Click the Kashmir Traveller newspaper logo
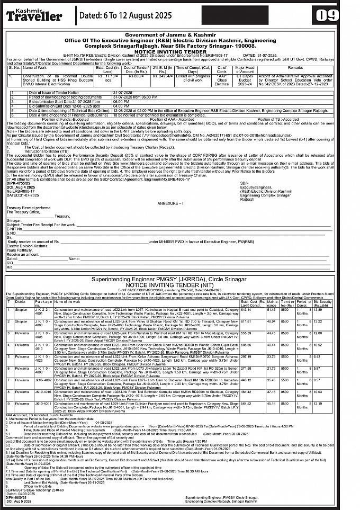coord(34,14)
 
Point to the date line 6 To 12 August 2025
coord(125,15)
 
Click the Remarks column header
coord(295,68)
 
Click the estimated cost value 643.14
coord(246,309)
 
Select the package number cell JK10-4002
coord(42,380)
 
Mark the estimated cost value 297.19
coord(246,356)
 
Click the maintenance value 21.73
coord(271,368)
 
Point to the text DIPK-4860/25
coord(16,498)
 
